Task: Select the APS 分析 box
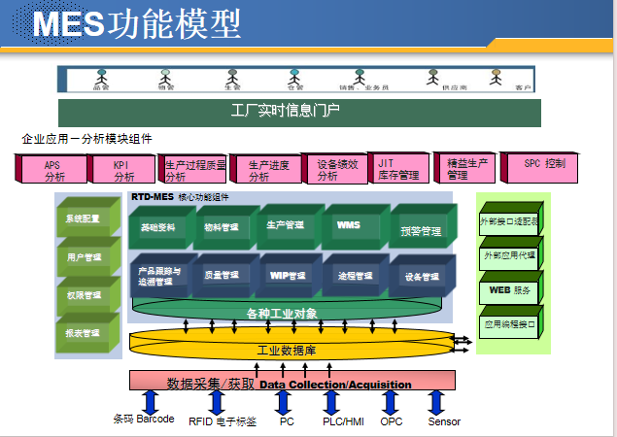54,171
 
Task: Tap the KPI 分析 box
123,171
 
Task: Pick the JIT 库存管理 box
398,170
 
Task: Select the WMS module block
349,225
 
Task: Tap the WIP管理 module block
281,276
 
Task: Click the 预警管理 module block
421,231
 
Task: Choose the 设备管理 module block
422,278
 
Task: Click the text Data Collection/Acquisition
335,385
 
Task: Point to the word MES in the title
68,23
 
